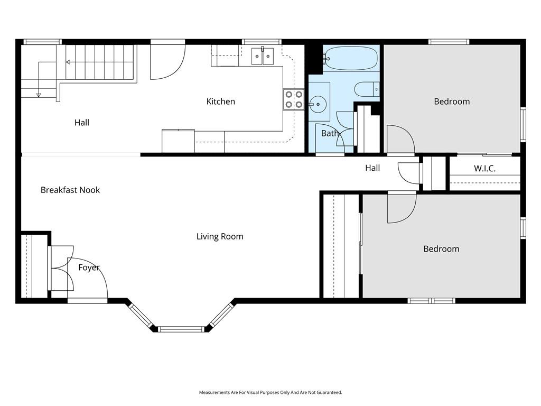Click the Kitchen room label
(220, 101)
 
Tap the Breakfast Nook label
(70, 190)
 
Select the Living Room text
(220, 236)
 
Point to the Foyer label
(89, 267)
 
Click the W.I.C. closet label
(484, 169)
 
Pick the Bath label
(330, 133)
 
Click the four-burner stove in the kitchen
(294, 99)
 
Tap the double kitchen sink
(263, 57)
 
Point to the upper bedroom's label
(452, 101)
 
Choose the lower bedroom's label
(441, 249)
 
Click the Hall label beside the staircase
(82, 123)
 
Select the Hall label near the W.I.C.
(372, 168)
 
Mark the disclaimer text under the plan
(270, 392)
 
